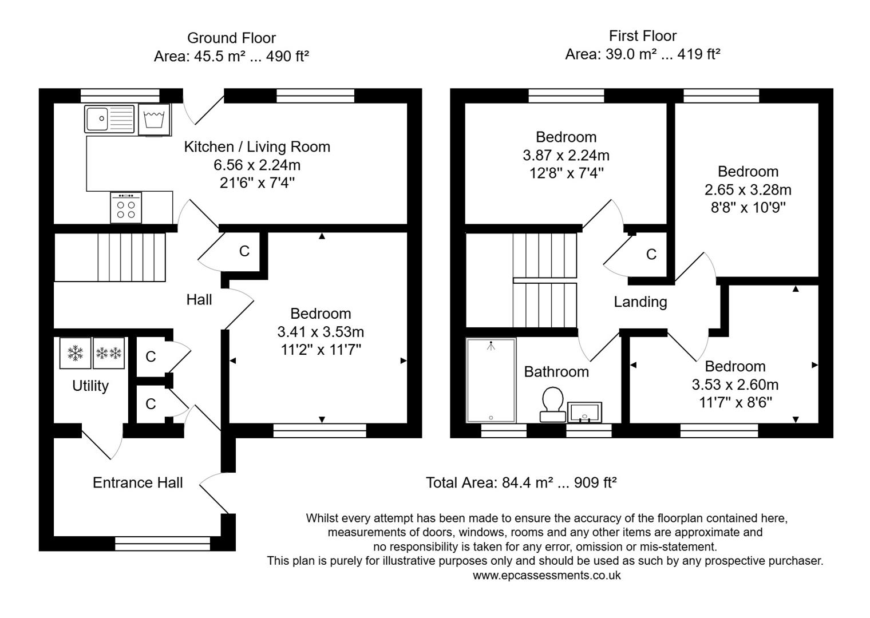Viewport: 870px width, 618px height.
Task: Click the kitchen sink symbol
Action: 109,119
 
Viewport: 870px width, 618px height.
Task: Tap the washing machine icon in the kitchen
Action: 154,120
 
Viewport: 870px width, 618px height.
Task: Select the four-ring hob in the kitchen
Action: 126,208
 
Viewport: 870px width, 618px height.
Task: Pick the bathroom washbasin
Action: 584,412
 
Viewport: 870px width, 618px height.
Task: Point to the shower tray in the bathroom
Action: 491,380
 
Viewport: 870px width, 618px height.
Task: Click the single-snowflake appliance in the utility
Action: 75,353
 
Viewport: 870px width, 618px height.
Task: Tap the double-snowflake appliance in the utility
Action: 109,353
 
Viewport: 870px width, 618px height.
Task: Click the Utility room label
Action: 90,386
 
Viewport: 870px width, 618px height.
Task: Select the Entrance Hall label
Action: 137,483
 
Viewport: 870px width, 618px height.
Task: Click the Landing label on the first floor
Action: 640,302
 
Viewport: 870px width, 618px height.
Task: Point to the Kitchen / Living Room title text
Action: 257,147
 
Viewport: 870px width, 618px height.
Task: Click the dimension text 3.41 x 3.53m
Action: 321,332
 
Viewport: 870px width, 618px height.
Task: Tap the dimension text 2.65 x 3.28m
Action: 748,189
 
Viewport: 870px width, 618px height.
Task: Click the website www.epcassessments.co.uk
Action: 546,576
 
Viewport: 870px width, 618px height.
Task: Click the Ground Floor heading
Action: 231,38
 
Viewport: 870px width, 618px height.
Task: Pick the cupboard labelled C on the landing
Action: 651,255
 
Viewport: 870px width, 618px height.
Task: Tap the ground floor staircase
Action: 131,257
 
